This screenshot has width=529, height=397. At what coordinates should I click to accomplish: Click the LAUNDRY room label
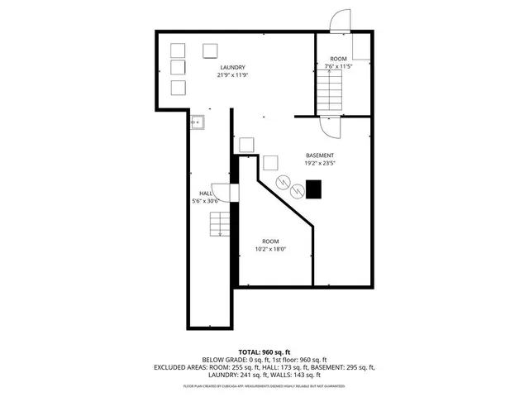point(233,67)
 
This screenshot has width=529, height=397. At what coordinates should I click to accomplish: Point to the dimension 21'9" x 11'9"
point(233,75)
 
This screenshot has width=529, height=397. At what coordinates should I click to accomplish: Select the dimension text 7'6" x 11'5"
point(339,66)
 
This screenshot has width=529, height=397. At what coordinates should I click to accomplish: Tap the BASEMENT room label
point(320,155)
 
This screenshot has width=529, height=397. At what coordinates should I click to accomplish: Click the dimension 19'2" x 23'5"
point(320,164)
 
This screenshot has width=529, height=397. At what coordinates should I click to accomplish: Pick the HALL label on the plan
point(205,193)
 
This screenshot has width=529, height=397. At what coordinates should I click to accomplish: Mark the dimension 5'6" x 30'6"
point(205,201)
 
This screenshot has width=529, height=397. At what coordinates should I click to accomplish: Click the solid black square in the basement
point(314,189)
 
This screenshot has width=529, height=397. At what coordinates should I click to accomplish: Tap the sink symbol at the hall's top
point(198,122)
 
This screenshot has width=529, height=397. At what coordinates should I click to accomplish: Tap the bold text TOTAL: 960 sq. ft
point(265,352)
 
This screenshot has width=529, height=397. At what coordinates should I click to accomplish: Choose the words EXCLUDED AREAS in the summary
point(177,367)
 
